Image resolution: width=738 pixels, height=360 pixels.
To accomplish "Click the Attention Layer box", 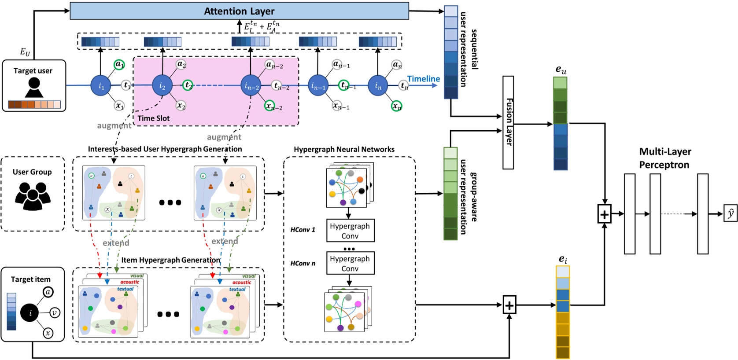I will pos(239,11).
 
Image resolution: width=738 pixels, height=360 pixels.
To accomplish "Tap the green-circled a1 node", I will pos(119,65).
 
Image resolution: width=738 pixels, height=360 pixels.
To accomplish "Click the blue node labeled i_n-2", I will pos(251,86).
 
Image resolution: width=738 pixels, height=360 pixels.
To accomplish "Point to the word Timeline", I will pos(423,79).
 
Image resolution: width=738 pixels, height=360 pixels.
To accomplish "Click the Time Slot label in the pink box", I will pos(153,118).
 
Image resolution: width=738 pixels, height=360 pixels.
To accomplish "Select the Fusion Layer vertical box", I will pos(508,122).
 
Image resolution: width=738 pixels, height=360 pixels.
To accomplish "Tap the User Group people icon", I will pos(33,195).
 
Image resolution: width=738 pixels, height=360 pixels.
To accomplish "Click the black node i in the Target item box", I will pos(30,313).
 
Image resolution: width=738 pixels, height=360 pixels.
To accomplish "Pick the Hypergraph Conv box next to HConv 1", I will pos(350,231).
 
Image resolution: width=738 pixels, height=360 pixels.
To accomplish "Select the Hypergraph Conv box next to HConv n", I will pos(350,263).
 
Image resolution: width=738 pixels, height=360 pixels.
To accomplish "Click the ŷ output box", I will pos(731,214).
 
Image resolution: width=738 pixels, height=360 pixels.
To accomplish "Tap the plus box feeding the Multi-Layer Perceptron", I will pos(604,214).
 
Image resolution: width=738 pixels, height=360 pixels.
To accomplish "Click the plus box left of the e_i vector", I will pos(509,305).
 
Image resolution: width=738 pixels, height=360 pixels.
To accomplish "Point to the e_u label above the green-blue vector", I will pos(561,70).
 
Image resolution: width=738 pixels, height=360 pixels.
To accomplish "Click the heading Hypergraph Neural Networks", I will pos(344,149).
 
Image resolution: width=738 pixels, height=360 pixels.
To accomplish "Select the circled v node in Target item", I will pos(55,313).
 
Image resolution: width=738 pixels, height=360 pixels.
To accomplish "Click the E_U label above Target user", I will pos(25,52).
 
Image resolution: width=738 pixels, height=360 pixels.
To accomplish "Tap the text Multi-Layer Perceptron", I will pos(665,158).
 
